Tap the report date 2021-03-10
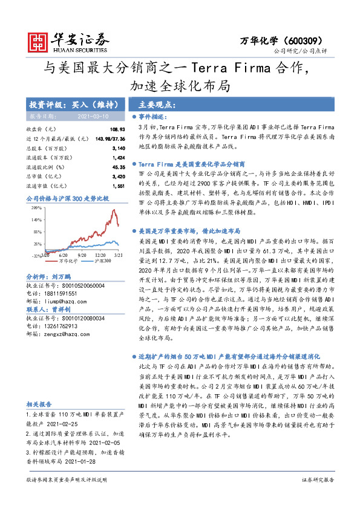pos(92,115)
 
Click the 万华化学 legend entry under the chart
pos(66,261)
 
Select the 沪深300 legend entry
pos(101,261)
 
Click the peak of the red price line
pos(114,210)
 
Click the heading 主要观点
pos(155,104)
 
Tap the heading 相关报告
pos(38,404)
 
